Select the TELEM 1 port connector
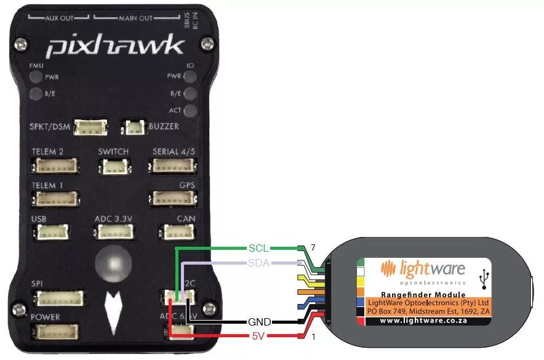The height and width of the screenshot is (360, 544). pos(56,199)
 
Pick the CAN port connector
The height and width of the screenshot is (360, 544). pos(178,231)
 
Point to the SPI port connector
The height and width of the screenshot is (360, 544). pos(60,298)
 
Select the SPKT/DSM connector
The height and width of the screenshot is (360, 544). pos(90,127)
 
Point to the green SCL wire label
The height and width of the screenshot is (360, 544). pos(258,248)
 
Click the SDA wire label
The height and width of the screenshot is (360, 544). pos(258,263)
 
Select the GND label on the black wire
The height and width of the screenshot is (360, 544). pos(258,322)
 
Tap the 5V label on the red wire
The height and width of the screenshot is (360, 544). pos(258,337)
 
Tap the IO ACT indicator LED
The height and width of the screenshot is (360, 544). pos(191,111)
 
